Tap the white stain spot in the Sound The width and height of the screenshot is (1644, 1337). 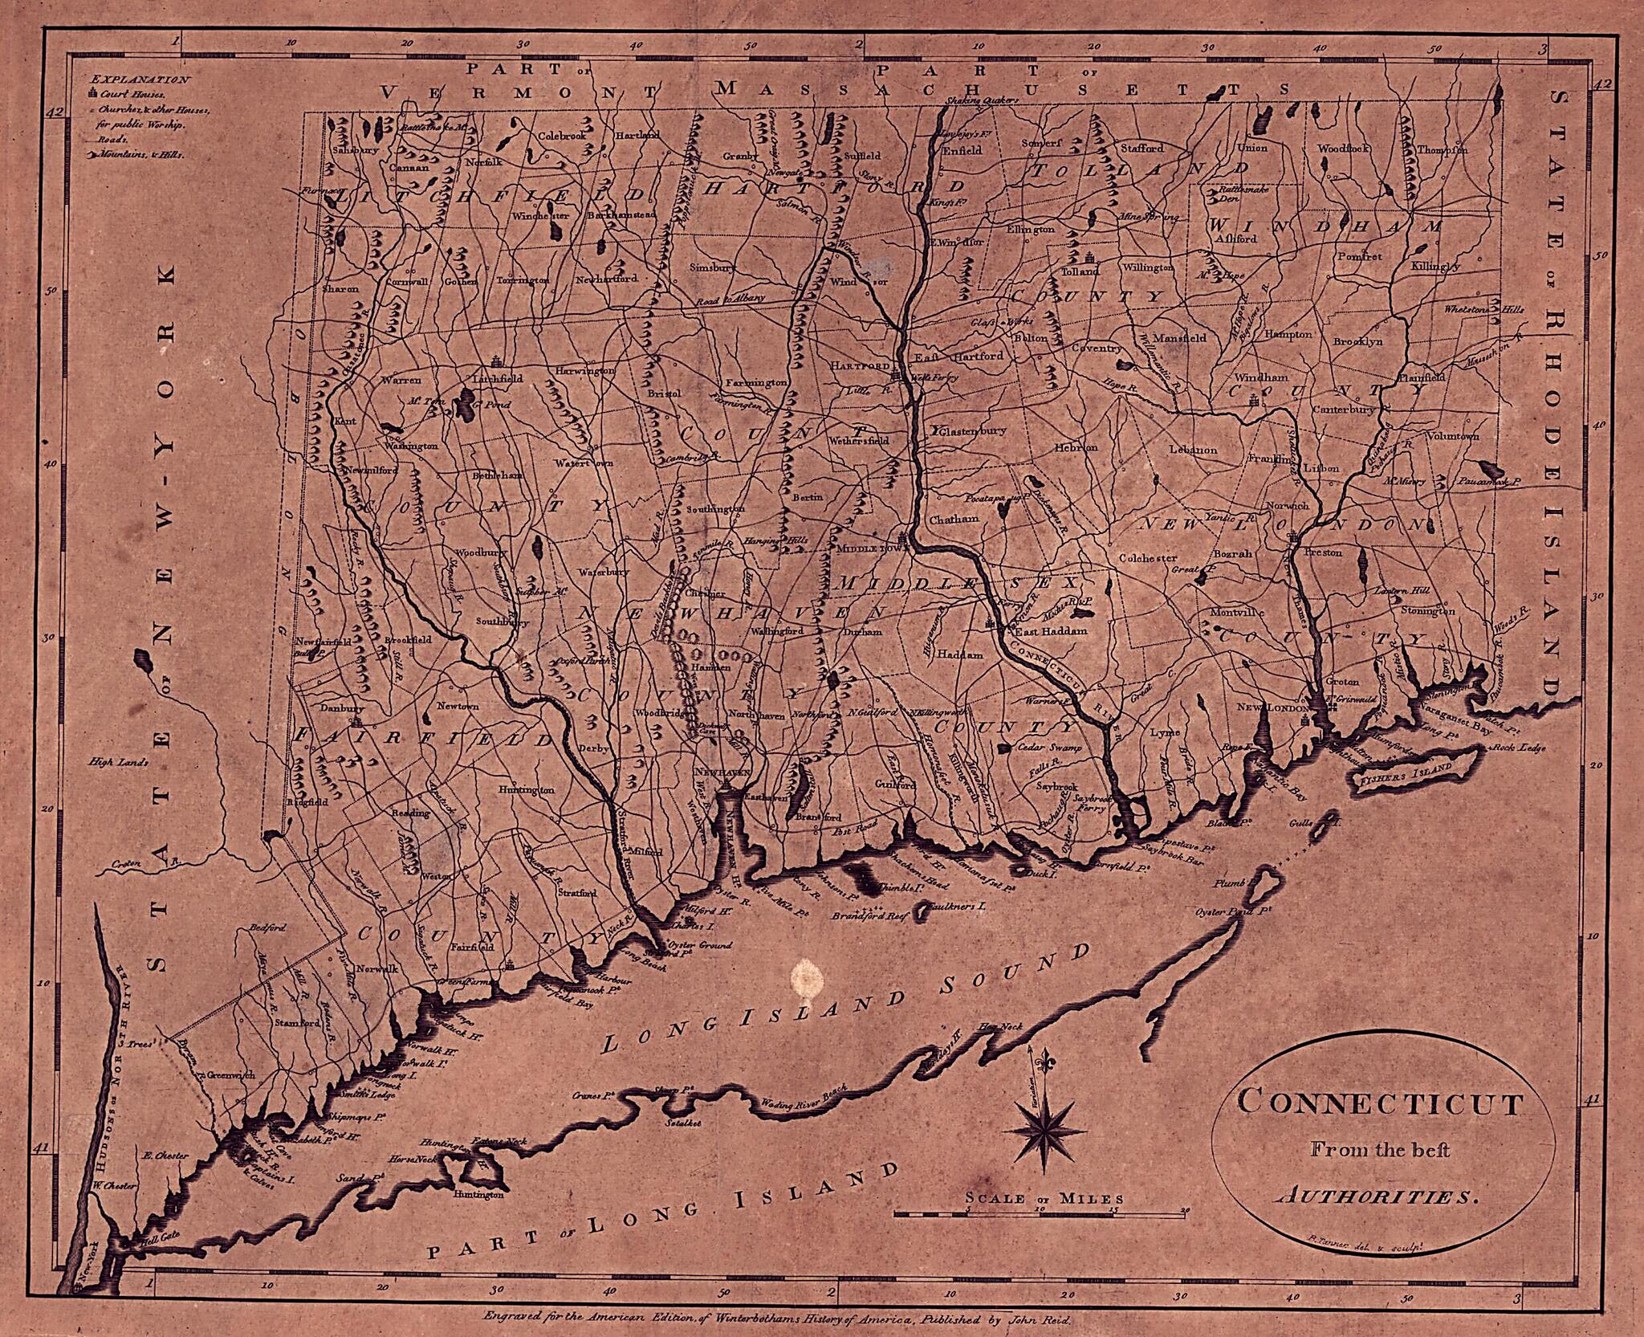click(x=806, y=976)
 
